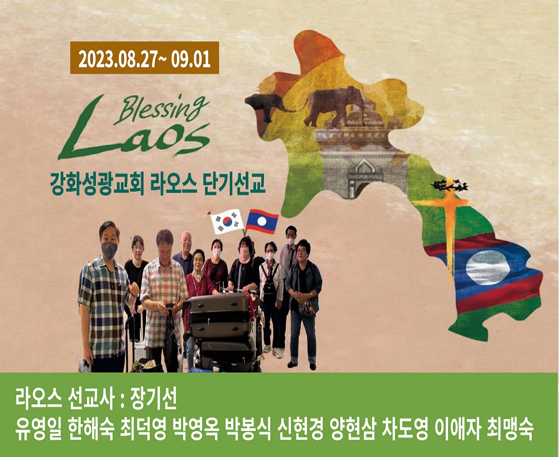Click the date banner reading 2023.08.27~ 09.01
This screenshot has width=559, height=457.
pyautogui.click(x=144, y=58)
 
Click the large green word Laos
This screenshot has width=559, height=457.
pyautogui.click(x=134, y=136)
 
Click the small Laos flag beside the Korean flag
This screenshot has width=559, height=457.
pyautogui.click(x=262, y=221)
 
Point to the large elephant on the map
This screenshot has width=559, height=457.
pyautogui.click(x=335, y=106)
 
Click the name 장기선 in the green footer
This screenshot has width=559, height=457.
pyautogui.click(x=153, y=400)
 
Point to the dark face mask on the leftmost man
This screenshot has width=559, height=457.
pyautogui.click(x=109, y=250)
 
